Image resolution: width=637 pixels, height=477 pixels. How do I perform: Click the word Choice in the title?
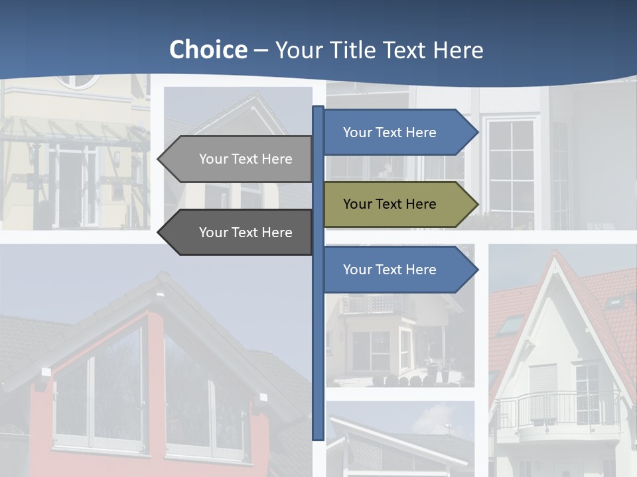(208, 50)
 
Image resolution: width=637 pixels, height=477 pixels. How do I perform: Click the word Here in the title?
(458, 50)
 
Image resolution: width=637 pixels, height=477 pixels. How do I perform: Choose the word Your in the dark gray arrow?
(213, 233)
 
